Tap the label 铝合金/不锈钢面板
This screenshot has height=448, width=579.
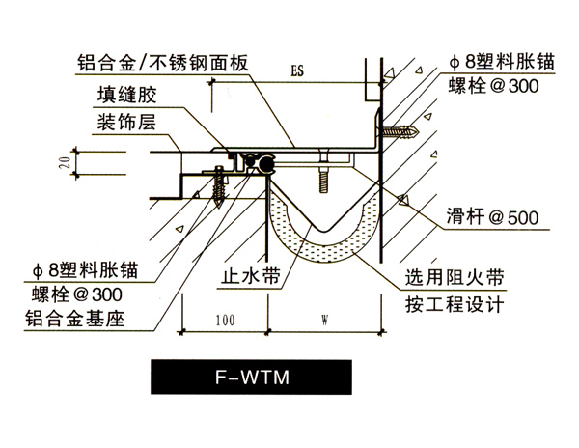click(162, 64)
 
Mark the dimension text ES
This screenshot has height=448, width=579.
click(297, 70)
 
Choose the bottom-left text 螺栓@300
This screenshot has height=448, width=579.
click(82, 290)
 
